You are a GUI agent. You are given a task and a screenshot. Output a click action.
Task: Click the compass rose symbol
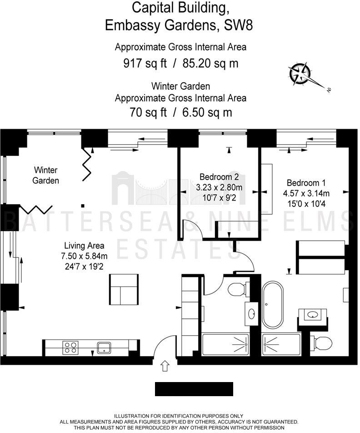(x=300, y=74)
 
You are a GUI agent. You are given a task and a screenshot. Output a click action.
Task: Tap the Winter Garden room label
(x=45, y=175)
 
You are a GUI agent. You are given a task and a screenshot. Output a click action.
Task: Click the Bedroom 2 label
(x=219, y=177)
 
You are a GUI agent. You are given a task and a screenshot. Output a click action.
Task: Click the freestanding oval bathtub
(x=272, y=305)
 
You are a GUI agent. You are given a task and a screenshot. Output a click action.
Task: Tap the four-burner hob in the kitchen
(x=70, y=347)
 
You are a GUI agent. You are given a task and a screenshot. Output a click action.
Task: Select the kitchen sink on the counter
(x=104, y=347)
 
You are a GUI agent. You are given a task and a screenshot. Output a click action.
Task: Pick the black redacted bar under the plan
(x=194, y=389)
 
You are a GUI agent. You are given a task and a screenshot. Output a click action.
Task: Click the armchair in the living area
(x=123, y=290)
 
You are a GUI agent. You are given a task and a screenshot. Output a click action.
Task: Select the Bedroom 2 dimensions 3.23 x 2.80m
(x=219, y=187)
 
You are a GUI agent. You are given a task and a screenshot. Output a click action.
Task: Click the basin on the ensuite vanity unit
(x=312, y=314)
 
